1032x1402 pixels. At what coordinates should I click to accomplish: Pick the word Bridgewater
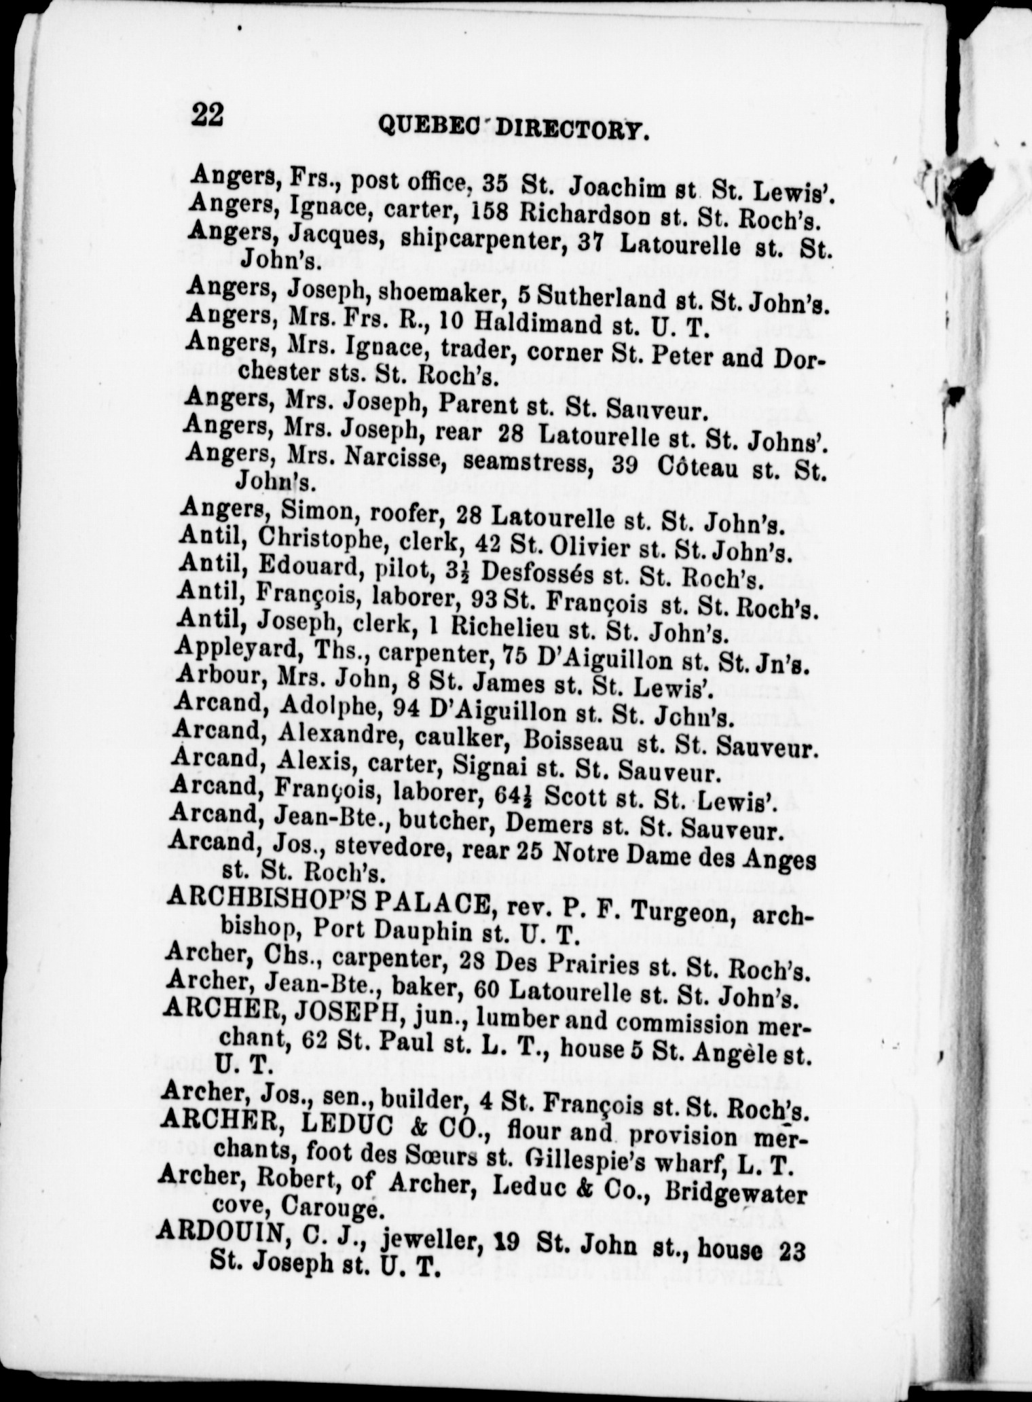(x=736, y=1193)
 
